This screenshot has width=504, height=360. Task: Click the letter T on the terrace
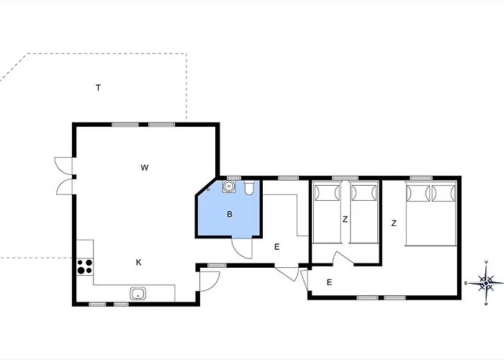(x=98, y=88)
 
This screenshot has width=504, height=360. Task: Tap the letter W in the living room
(x=145, y=168)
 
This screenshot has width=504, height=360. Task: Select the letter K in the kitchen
(x=139, y=262)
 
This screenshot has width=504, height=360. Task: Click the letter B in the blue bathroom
(x=230, y=214)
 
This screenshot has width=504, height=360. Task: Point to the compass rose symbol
(x=486, y=282)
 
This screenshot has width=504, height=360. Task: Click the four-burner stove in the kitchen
(x=84, y=266)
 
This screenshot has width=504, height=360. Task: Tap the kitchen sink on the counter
(x=138, y=293)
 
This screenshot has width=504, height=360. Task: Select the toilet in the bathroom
(x=249, y=189)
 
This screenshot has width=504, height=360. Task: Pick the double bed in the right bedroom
(x=431, y=213)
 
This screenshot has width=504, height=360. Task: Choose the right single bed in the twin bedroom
(x=364, y=212)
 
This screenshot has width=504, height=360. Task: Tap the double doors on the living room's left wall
(x=65, y=175)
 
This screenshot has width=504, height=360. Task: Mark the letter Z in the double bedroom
(x=394, y=223)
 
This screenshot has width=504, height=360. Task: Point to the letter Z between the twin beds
(x=346, y=220)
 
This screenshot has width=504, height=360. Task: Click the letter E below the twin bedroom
(x=329, y=282)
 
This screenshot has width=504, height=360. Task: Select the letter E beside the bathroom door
(x=276, y=247)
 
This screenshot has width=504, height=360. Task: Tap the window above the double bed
(x=420, y=177)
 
